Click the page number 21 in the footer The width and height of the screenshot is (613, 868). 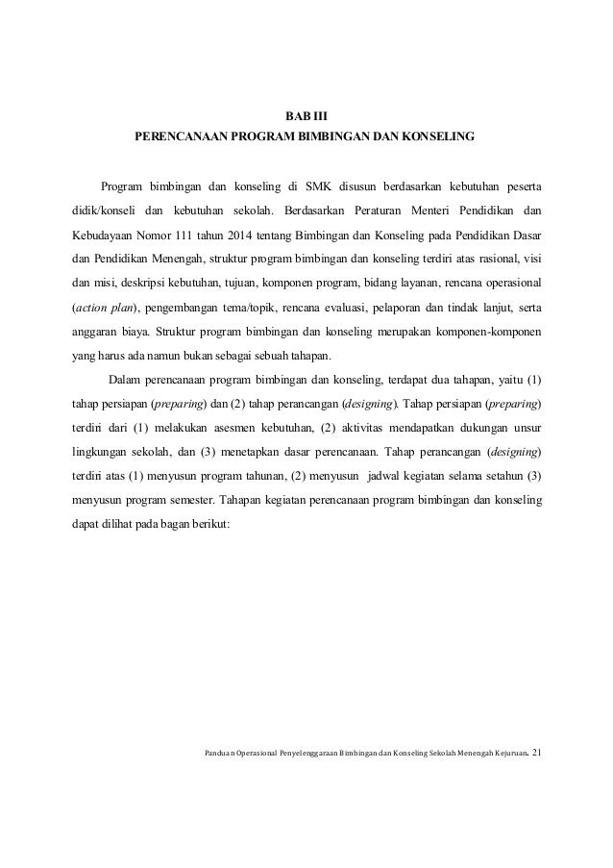click(x=536, y=753)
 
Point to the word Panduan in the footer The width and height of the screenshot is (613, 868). click(x=223, y=754)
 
